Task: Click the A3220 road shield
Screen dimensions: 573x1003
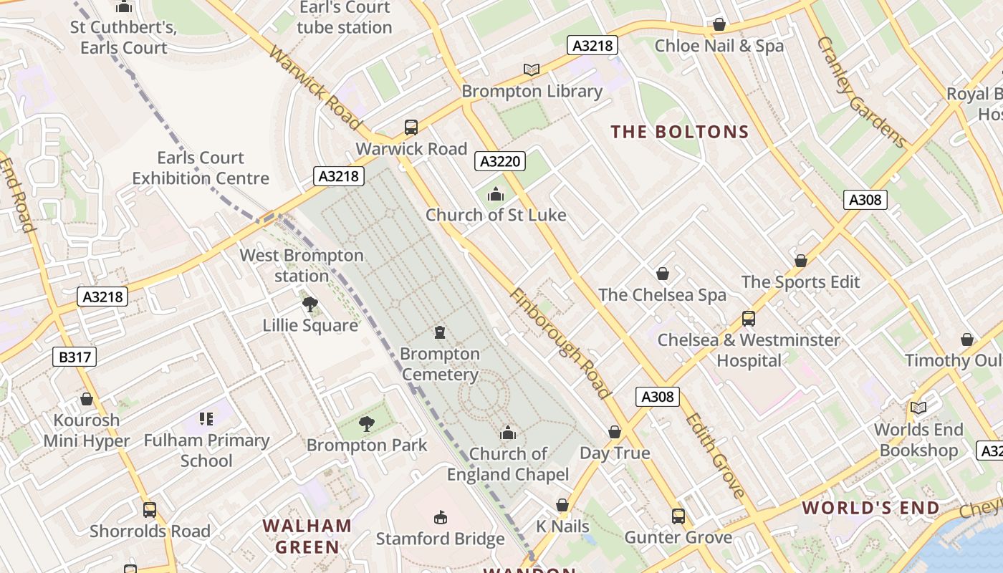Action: pyautogui.click(x=499, y=161)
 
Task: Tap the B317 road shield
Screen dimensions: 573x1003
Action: pyautogui.click(x=74, y=356)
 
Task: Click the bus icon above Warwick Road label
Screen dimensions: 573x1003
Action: pyautogui.click(x=411, y=127)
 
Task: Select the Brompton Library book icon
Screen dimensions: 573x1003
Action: pyautogui.click(x=531, y=69)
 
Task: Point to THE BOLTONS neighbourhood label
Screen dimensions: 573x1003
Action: pyautogui.click(x=679, y=132)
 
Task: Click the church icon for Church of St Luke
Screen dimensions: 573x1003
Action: pyautogui.click(x=495, y=194)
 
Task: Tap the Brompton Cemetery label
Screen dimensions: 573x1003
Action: pyautogui.click(x=440, y=364)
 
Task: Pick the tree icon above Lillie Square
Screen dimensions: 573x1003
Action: pyautogui.click(x=310, y=304)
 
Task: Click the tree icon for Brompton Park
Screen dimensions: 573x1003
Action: pyautogui.click(x=367, y=424)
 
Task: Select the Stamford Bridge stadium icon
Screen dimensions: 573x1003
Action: pyautogui.click(x=441, y=518)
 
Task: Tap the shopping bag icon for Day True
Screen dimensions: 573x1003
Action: pyautogui.click(x=614, y=432)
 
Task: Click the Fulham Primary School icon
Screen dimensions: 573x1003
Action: pyautogui.click(x=206, y=419)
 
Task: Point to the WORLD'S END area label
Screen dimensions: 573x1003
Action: pyautogui.click(x=870, y=509)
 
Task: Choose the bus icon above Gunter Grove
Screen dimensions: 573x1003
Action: pyautogui.click(x=678, y=516)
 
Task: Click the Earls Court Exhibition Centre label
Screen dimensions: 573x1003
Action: pyautogui.click(x=201, y=168)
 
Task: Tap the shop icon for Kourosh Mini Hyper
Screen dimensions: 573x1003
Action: pyautogui.click(x=87, y=399)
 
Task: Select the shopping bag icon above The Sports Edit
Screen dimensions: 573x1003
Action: pyautogui.click(x=800, y=261)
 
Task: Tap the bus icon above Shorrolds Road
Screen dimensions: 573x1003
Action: pyautogui.click(x=149, y=510)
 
